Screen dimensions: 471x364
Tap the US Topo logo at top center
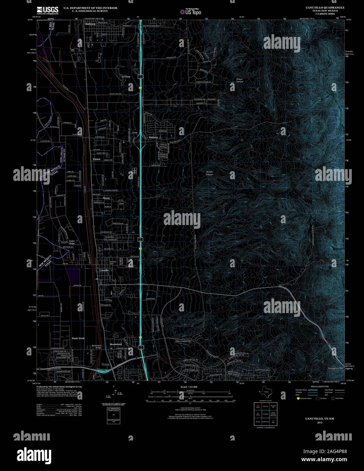point(190,11)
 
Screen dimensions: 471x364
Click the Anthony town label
point(90,24)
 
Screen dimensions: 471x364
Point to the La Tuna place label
point(126,77)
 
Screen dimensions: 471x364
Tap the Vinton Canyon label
point(240,81)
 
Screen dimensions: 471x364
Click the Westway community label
point(154,137)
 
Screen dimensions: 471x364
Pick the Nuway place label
point(107,198)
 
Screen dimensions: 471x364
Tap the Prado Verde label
point(78,339)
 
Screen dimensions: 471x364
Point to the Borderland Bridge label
point(97,347)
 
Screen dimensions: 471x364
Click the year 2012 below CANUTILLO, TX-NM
point(320,422)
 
